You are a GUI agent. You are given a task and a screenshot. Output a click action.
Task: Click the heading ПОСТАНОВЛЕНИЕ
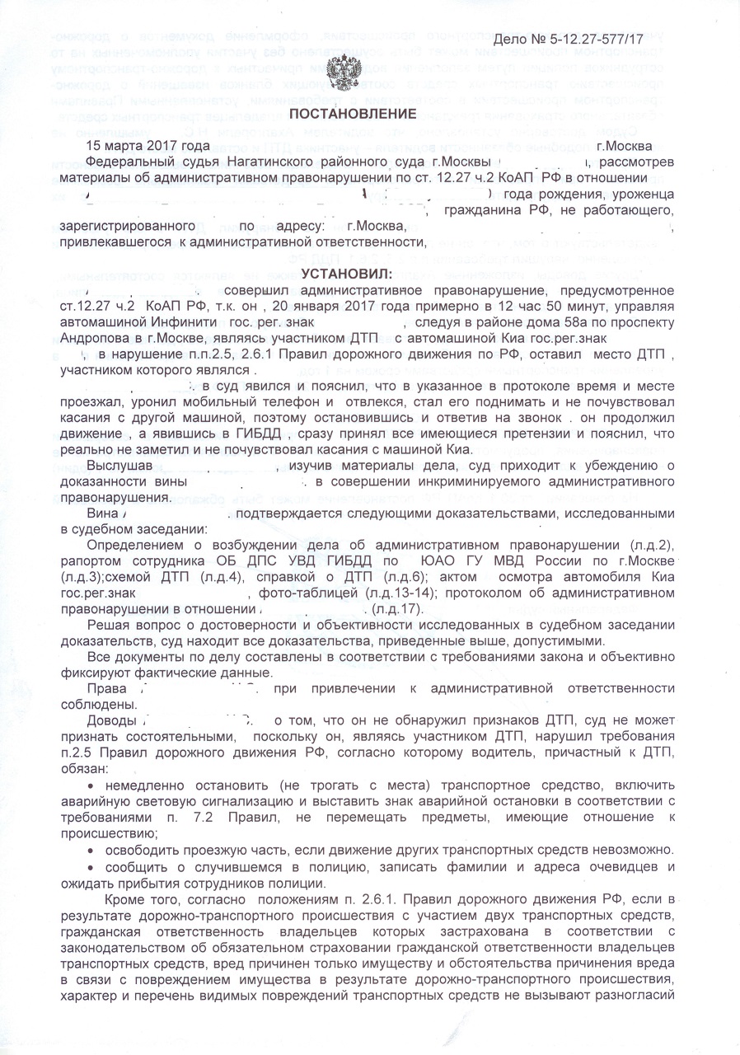pyautogui.click(x=340, y=113)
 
